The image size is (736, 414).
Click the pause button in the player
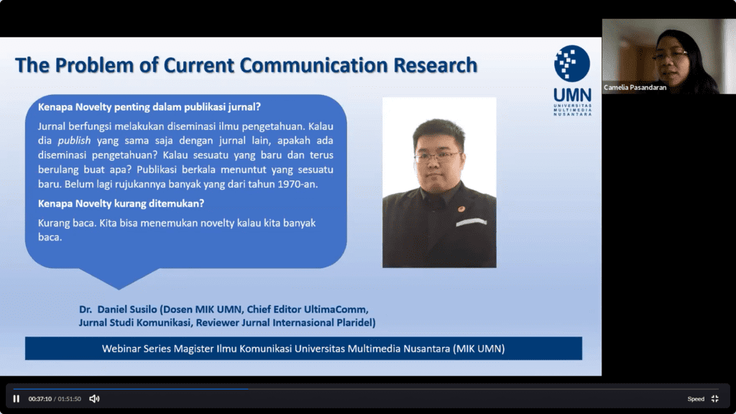(17, 398)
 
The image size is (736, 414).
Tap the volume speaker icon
(94, 398)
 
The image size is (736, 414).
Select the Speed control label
(696, 399)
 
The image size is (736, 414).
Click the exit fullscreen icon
(715, 398)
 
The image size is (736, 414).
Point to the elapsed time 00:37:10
(40, 399)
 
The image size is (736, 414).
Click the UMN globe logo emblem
(571, 63)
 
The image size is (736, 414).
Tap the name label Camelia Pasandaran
(635, 87)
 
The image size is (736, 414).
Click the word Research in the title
(435, 65)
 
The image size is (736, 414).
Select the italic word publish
(74, 141)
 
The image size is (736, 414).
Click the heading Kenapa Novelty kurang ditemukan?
(121, 203)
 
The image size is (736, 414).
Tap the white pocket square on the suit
(471, 222)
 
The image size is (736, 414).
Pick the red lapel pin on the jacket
(461, 209)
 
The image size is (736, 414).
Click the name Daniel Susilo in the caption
(127, 309)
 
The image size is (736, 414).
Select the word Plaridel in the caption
(355, 323)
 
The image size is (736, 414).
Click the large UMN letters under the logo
(572, 96)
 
